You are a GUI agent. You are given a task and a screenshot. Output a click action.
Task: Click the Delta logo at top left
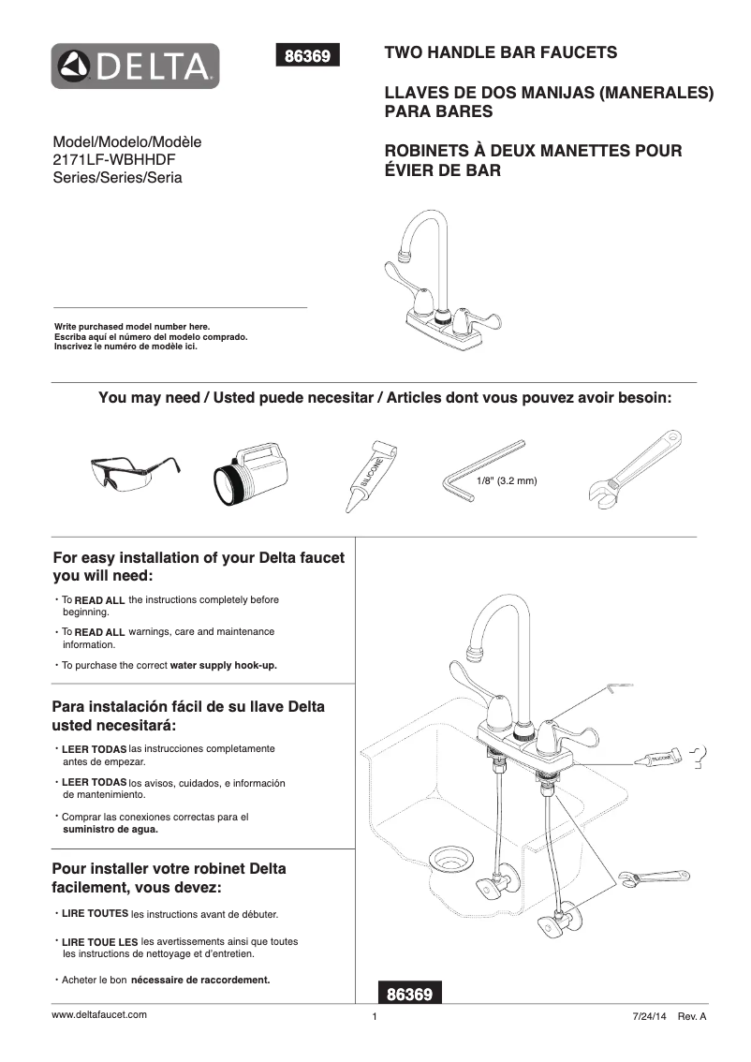pos(136,66)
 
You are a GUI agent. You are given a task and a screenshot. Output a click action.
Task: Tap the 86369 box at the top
pos(307,56)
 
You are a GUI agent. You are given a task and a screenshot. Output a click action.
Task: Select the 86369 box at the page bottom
pos(409,994)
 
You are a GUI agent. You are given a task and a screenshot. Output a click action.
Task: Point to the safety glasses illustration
pos(135,474)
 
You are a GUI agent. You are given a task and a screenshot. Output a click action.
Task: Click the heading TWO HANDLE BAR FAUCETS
pos(501,53)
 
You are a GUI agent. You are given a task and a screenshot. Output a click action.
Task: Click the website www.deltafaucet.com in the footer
pos(99,1014)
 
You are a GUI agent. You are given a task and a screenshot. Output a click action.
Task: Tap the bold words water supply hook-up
pos(224,665)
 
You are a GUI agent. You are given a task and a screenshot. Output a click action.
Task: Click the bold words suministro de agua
pos(110,829)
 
